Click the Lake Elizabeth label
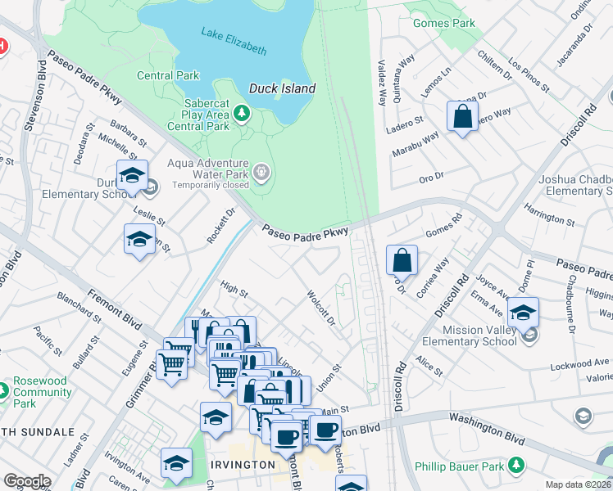tap(234, 42)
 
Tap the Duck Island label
tap(282, 88)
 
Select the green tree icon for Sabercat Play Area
tap(243, 112)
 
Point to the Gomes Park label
tap(444, 24)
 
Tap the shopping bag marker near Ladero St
tap(462, 115)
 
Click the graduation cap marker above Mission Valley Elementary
tap(523, 312)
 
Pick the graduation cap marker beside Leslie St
tap(139, 240)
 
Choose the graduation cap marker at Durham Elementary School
tap(132, 175)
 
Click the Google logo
tap(27, 481)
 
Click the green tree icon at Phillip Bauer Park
tap(516, 465)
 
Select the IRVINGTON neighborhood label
tap(243, 464)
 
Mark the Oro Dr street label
tap(431, 175)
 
